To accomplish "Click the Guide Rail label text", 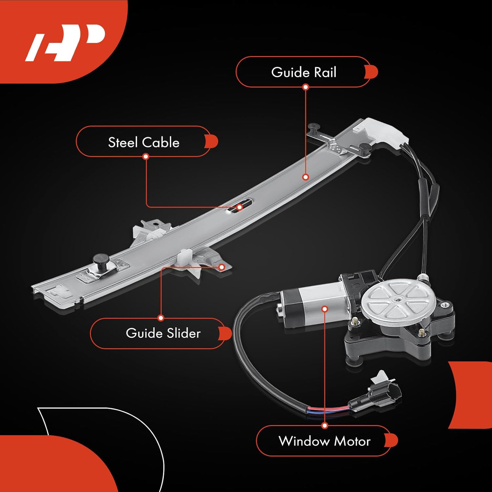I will pos(304,72).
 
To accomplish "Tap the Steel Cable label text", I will pos(144,142).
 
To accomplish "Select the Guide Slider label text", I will pos(163,333).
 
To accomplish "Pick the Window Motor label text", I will pos(324,441).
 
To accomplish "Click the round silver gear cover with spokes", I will pos(397,298).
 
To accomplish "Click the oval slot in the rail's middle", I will pos(241,206).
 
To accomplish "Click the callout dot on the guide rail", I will pos(306,177).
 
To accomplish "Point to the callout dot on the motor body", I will pos(325,309).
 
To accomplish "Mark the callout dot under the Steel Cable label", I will pos(146,156).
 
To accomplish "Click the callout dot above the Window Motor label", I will pos(325,426).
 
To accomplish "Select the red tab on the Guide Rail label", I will pos(372,72).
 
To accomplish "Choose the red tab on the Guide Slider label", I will pos(226,333).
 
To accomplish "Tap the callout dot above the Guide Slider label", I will pos(161,318).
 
